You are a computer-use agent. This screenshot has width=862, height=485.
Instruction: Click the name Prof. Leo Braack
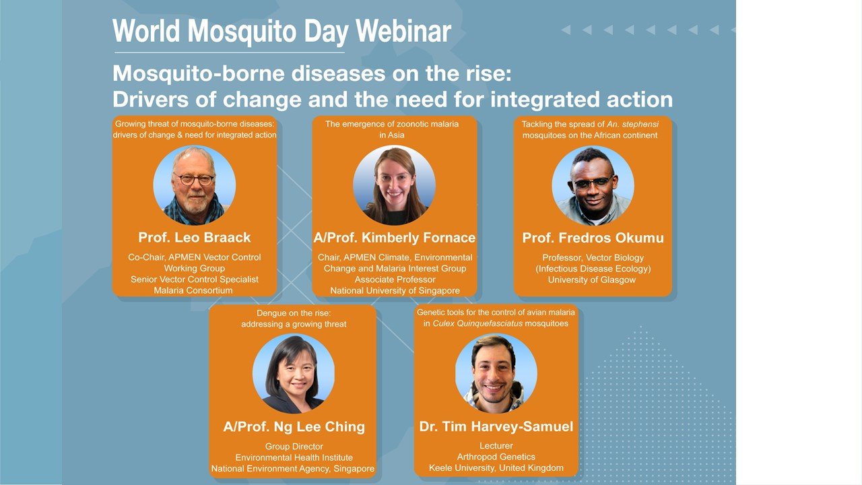coord(195,237)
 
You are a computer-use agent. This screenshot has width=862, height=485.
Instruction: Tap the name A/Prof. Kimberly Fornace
coord(395,238)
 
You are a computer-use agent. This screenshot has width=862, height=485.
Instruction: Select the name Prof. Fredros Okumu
coord(593,238)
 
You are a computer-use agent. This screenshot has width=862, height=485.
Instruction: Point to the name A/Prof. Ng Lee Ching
coord(294,426)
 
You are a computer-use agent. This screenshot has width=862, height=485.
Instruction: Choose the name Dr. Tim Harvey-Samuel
coord(496,426)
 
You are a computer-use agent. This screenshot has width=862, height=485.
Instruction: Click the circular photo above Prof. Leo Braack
coord(195,185)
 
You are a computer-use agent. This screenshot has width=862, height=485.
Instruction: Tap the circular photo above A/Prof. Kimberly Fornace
coord(395,185)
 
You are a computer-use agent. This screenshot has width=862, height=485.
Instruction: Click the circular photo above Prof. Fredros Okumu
coord(593,185)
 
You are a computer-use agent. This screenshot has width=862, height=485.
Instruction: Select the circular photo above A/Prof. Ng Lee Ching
coord(294,374)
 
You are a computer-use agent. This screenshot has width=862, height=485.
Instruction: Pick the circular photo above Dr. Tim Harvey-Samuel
coord(496,373)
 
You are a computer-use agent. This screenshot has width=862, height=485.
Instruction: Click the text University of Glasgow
coord(592,280)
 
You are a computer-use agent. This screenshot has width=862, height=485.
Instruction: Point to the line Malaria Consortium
coord(193,290)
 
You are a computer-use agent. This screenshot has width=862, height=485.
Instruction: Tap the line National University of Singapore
coord(395,290)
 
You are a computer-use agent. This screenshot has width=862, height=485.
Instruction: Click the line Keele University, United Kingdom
coord(496,468)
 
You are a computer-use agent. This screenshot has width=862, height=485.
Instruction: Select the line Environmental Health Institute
coord(294,457)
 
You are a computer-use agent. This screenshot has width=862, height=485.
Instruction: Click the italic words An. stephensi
coord(632,124)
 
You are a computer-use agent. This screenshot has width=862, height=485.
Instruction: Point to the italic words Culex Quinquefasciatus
coord(477,323)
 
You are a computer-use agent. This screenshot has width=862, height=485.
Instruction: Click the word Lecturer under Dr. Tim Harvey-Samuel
coord(496,446)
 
